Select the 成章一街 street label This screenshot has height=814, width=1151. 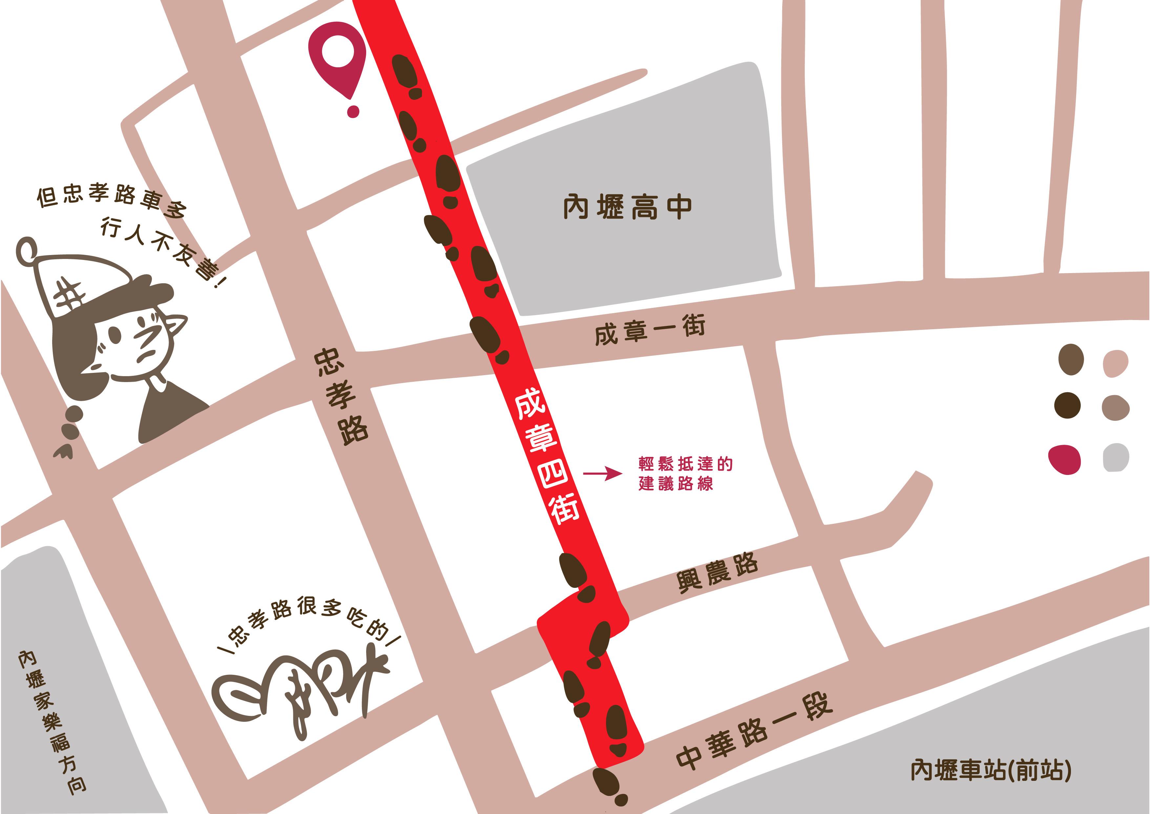[x=650, y=330]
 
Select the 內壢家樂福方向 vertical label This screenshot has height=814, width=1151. [x=52, y=722]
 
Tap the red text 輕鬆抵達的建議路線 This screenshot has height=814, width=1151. [x=685, y=473]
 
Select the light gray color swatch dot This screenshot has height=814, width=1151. [x=1116, y=458]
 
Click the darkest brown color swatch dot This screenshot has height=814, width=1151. [x=1067, y=405]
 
